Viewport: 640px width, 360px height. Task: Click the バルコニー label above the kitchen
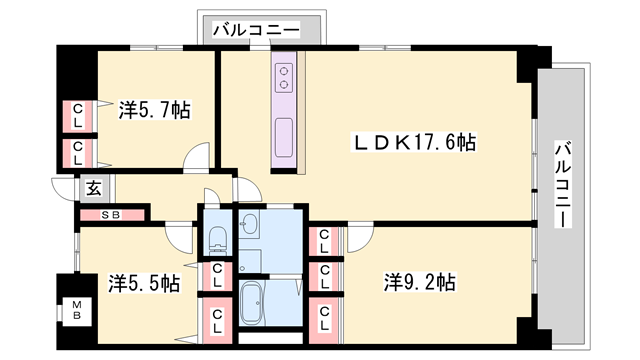click(x=255, y=31)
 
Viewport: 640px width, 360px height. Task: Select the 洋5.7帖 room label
click(x=154, y=108)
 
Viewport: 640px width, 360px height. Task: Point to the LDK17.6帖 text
click(x=411, y=143)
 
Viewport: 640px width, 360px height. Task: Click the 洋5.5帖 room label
click(x=143, y=283)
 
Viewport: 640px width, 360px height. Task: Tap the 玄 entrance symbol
click(x=92, y=187)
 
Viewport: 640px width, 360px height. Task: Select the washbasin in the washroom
click(x=250, y=224)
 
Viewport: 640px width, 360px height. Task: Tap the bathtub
click(x=254, y=301)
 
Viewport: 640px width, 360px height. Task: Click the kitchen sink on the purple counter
click(x=283, y=131)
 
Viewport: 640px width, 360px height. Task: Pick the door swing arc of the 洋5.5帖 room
click(x=180, y=237)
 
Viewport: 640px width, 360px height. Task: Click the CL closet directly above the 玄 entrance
click(x=77, y=152)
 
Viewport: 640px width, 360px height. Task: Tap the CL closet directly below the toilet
click(x=216, y=273)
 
